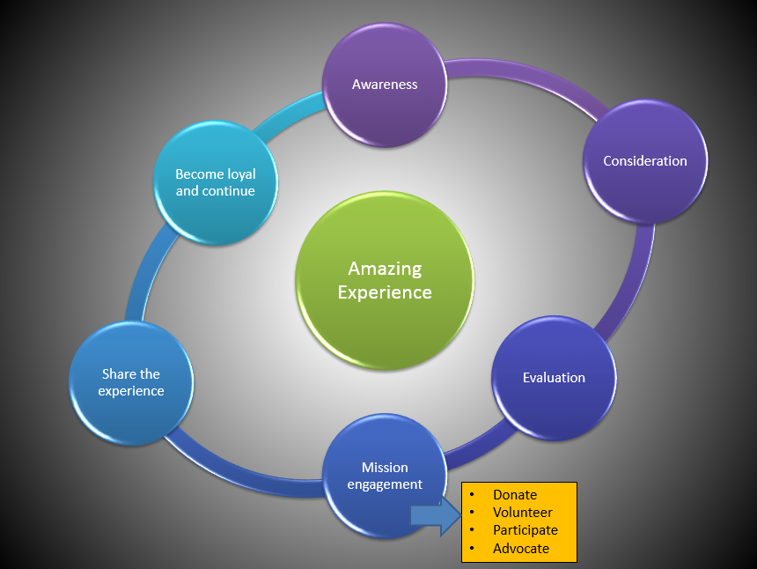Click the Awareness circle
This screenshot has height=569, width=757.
coord(385,85)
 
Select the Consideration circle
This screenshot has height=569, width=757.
coord(645,161)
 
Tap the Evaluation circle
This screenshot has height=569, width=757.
coord(554,378)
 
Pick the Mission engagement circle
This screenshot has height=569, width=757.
coord(385,476)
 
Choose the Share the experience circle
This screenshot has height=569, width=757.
coord(131,382)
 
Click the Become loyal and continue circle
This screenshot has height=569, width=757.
coord(216,182)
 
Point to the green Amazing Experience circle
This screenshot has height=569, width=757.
coord(385,280)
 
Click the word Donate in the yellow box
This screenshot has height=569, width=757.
coord(515,495)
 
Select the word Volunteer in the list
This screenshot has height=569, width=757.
coord(523,513)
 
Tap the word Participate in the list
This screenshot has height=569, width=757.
coord(525,530)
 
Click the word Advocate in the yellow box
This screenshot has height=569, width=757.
coord(521,549)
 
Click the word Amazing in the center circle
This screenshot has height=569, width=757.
coord(385,269)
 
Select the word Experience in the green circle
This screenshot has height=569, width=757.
coord(385,292)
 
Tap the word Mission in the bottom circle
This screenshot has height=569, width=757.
coord(385,467)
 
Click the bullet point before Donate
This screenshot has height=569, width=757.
coord(473,495)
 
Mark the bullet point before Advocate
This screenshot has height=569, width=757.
coord(473,549)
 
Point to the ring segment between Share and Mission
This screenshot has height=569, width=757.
coord(238,476)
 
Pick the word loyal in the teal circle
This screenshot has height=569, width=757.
coord(236,174)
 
